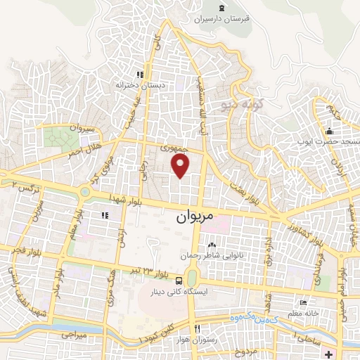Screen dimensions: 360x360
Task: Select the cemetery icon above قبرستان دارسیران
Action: click(222, 7)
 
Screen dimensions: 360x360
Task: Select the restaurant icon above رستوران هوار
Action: click(198, 328)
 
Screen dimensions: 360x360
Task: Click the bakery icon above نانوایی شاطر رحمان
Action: click(211, 245)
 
